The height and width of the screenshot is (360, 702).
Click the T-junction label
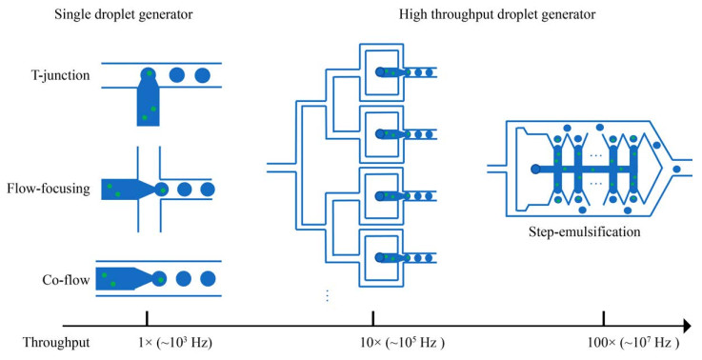click(60, 75)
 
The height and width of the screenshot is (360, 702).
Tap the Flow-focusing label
click(49, 189)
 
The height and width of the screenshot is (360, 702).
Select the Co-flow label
click(67, 280)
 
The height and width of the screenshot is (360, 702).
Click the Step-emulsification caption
click(584, 232)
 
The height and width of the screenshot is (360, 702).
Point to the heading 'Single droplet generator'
click(124, 14)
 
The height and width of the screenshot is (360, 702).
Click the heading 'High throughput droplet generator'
click(497, 14)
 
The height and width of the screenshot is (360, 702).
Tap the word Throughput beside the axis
click(56, 343)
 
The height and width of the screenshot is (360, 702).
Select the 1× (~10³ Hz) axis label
click(175, 343)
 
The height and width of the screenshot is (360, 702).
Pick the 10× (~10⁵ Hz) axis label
click(403, 343)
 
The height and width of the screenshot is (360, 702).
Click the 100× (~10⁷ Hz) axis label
click(633, 343)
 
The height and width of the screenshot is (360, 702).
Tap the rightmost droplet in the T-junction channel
click(202, 75)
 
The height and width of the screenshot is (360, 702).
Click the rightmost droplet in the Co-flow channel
click(208, 279)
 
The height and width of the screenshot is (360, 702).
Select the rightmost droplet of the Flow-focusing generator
click(208, 190)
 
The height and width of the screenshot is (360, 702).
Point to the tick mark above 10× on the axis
click(373, 318)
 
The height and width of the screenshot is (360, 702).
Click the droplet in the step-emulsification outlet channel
click(677, 169)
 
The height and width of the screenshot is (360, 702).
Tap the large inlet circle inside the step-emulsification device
click(535, 169)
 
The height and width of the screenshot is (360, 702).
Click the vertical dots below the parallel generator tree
click(328, 295)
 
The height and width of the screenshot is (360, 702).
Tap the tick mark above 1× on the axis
click(147, 318)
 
